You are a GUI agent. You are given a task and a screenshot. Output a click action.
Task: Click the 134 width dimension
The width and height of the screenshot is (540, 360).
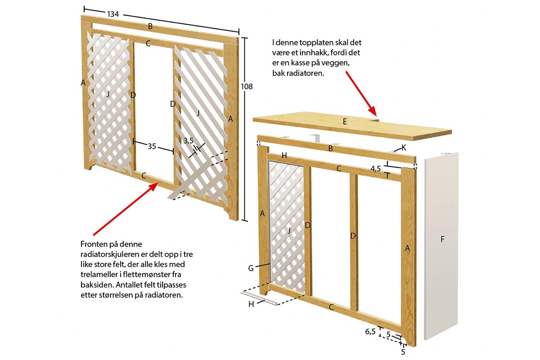pos(112,14)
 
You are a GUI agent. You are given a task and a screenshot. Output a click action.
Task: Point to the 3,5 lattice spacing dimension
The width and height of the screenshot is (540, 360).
pos(188,141)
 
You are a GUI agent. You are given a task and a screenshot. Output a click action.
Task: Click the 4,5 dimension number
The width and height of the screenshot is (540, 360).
pos(376,169)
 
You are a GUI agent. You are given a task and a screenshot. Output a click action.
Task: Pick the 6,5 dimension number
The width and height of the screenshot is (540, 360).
pos(370,332)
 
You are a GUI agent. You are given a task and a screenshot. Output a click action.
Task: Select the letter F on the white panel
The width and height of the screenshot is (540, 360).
pos(442,239)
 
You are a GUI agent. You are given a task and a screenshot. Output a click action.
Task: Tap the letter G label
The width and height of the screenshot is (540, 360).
pos(251,268)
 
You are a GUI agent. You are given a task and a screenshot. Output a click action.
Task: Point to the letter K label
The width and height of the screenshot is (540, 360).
pos(404,147)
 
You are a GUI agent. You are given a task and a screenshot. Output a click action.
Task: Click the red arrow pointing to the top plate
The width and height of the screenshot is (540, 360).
pos(360,92)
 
